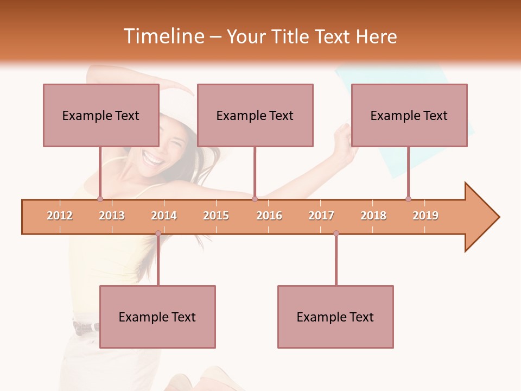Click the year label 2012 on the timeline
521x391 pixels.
click(x=60, y=216)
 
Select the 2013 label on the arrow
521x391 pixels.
click(x=112, y=216)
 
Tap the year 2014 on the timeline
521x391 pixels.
click(x=164, y=216)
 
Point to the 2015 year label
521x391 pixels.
click(x=216, y=216)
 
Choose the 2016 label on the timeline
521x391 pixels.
click(x=269, y=216)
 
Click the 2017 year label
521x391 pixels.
click(x=321, y=216)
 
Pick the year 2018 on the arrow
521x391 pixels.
click(x=373, y=216)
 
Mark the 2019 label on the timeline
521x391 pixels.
click(x=425, y=216)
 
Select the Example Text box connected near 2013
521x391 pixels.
click(x=101, y=115)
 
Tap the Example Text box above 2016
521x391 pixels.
click(x=255, y=115)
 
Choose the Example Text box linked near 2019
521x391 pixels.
click(x=409, y=115)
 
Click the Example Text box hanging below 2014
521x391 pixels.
click(x=157, y=317)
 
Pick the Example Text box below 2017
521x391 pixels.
click(x=335, y=317)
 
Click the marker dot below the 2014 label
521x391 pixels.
click(x=158, y=234)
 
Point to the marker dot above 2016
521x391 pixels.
click(x=255, y=199)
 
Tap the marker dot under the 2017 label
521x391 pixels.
click(x=336, y=234)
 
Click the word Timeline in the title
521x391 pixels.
click(x=163, y=36)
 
